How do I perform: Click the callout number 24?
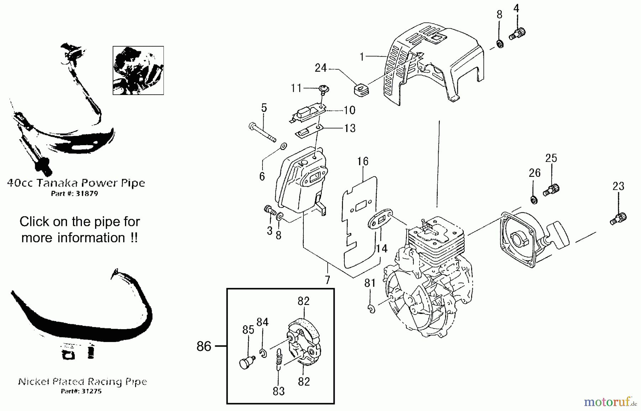pos(320,68)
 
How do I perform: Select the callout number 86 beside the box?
pos(204,346)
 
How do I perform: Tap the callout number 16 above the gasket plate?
pos(363,162)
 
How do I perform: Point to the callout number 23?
pos(618,186)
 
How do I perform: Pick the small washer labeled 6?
pos(284,146)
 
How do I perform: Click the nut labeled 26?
pos(533,200)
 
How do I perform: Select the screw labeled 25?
pos(552,189)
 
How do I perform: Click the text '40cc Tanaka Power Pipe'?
pos(76,183)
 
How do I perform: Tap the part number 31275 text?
pos(81,391)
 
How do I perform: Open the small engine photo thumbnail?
pos(138,70)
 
